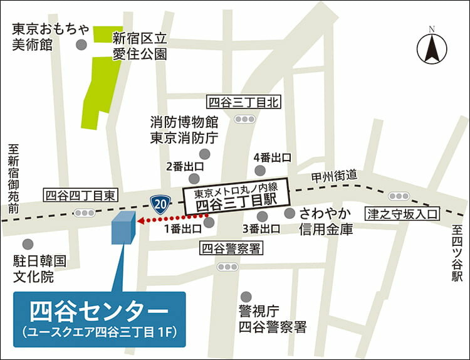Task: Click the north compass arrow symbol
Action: tap(431, 47)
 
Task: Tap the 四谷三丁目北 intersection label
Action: tap(244, 102)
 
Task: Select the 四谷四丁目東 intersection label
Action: tap(80, 195)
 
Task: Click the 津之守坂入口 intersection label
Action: tap(405, 211)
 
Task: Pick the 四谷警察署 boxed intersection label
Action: tap(231, 248)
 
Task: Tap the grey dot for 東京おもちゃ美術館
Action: tap(81, 45)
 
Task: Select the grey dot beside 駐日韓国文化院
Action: tap(28, 244)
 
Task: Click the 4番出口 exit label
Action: tap(272, 157)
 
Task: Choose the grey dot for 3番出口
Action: tap(262, 216)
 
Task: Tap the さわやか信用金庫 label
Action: tap(325, 221)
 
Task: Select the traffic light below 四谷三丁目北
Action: tap(244, 119)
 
